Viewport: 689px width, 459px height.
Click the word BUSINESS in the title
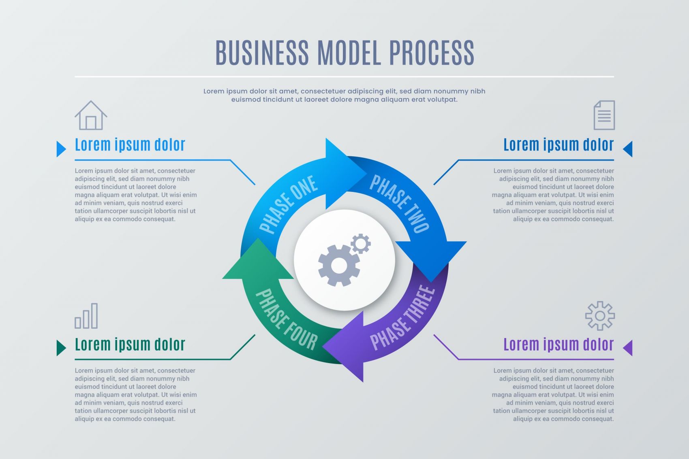261,53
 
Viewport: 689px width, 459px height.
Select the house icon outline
91,116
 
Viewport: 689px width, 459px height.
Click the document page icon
604,115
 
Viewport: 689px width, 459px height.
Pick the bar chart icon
86,316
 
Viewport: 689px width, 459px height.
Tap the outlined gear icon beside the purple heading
600,316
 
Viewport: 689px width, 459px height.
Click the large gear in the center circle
339,266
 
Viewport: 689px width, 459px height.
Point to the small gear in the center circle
360,244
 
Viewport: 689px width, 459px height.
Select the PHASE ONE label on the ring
288,204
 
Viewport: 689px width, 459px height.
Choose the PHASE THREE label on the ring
402,318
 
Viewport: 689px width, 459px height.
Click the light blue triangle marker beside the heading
61,149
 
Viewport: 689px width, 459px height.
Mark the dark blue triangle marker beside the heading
628,149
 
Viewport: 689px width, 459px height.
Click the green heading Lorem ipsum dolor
130,344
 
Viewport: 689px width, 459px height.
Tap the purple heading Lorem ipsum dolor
558,344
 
